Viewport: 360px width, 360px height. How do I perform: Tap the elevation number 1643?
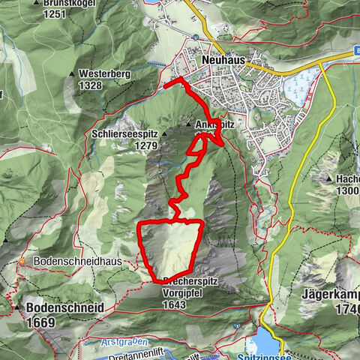pos(180,304)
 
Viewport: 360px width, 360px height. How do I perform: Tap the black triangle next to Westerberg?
pos(72,74)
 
